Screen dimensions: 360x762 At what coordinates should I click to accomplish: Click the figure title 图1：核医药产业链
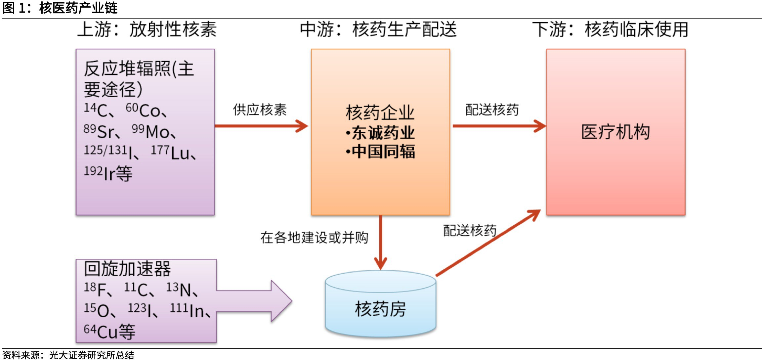60,8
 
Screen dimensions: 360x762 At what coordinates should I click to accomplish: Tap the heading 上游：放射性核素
147,29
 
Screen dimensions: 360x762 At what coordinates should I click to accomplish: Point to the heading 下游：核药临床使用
610,29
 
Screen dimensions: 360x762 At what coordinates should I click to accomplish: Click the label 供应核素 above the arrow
260,110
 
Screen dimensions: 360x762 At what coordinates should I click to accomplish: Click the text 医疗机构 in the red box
615,132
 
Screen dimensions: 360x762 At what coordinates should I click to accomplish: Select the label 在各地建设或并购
314,237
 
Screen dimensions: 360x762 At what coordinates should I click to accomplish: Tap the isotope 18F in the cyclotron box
96,289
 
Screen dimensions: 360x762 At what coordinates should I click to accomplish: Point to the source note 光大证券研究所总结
92,355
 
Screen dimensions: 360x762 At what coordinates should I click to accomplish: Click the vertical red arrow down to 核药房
381,242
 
